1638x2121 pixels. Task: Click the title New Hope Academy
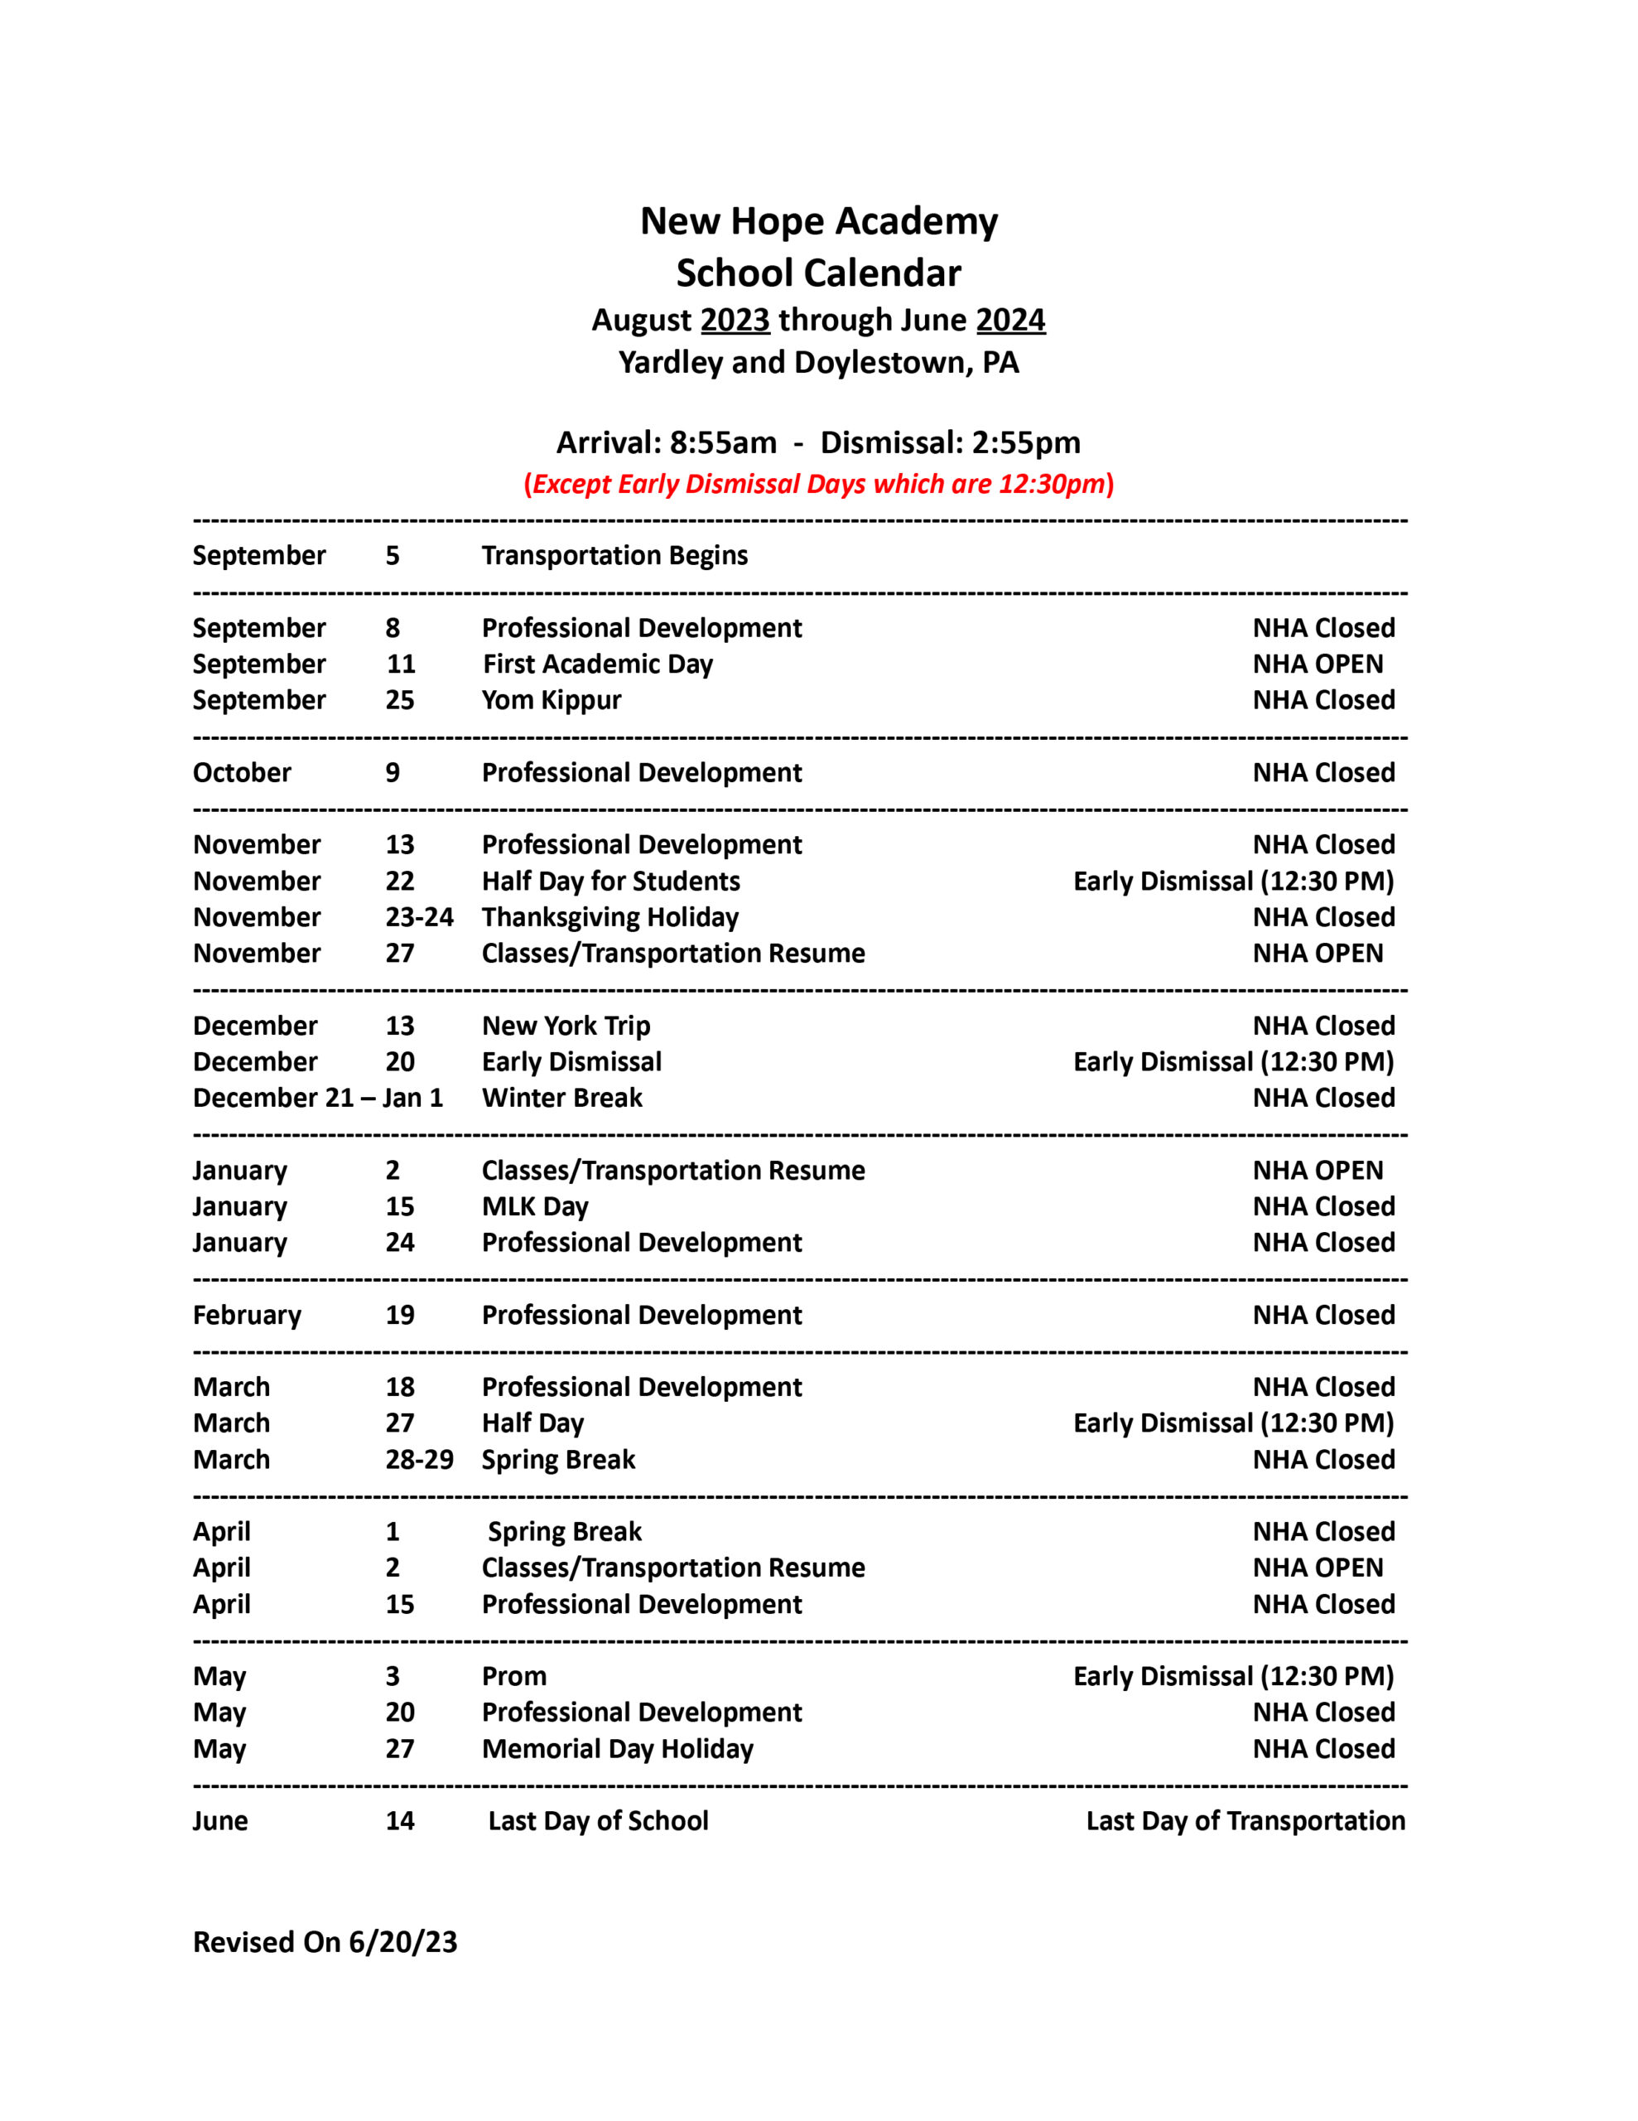tap(818, 221)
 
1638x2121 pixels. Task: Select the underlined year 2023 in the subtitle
tap(735, 320)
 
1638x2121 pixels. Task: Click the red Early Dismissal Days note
tap(818, 484)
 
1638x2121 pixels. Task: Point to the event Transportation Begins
tap(614, 555)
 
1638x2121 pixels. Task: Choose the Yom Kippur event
tap(552, 700)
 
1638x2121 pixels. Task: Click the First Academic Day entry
tap(598, 664)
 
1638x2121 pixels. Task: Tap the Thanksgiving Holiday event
tap(609, 917)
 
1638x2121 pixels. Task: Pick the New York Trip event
tap(566, 1026)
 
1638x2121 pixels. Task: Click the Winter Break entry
tap(562, 1098)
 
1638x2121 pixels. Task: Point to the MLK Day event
tap(535, 1206)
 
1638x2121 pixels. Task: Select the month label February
tap(247, 1315)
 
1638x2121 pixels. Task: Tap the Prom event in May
tap(513, 1676)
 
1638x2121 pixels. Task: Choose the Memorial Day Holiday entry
tap(618, 1749)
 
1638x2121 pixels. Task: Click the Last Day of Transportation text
tap(1245, 1821)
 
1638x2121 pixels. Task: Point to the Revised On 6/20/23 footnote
tap(325, 1942)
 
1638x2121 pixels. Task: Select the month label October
tap(242, 773)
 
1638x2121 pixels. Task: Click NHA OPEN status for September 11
tap(1318, 664)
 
